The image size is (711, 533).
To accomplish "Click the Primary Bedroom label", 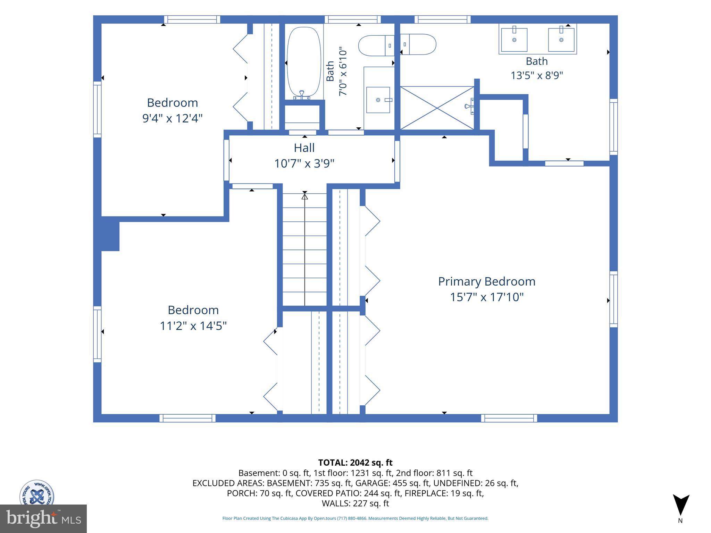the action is coord(486,281).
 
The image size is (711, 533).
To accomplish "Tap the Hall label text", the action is coord(304,148).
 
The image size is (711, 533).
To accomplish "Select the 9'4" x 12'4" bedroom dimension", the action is coord(172,118).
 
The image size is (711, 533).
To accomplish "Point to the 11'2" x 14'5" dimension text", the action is coord(193,326).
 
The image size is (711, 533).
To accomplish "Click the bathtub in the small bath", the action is coord(304,63).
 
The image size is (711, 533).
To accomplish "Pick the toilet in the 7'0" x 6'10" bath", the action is coord(376,45).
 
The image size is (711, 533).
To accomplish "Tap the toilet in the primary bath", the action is coord(418,44).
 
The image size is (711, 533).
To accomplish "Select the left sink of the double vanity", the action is coord(514,40).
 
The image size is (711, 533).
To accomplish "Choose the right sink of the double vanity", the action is coord(561,40).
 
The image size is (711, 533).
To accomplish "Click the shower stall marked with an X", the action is coord(437,108).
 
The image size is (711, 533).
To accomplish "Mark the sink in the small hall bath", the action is coord(378,100).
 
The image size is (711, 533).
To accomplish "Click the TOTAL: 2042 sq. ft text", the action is coord(355,463).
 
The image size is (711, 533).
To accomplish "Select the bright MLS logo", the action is coord(43,519).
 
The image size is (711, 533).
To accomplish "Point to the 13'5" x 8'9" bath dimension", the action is coord(537,75).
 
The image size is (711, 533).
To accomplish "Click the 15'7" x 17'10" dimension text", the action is coord(487,297).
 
